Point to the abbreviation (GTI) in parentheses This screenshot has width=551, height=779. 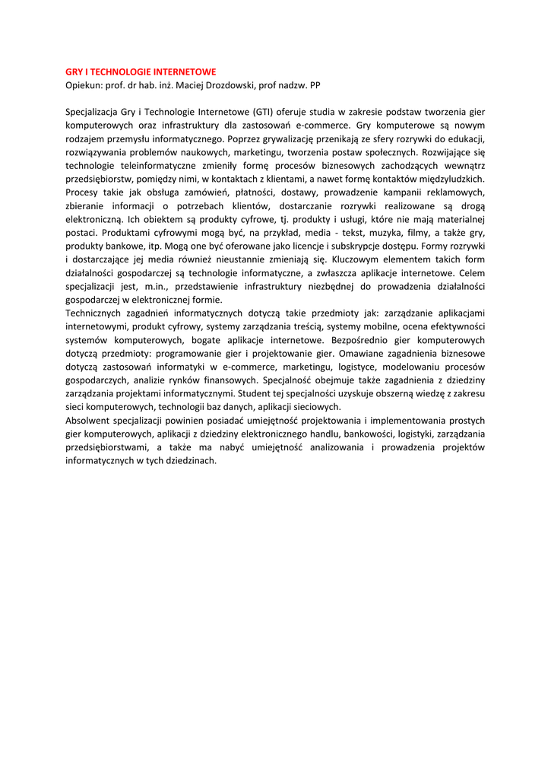[x=264, y=112]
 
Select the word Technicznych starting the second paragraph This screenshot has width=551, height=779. [x=99, y=313]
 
